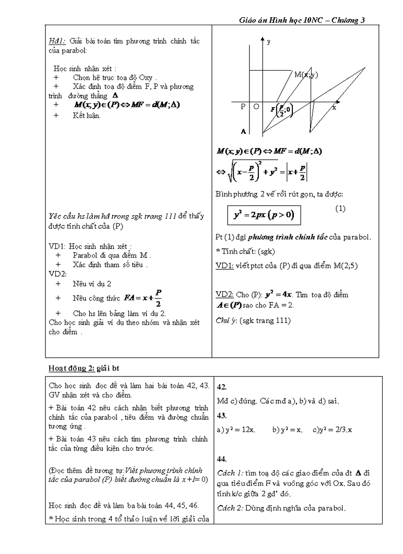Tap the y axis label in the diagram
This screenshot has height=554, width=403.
268,42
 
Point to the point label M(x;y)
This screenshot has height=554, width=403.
306,75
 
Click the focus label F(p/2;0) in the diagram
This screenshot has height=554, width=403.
282,110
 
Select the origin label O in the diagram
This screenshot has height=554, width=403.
256,107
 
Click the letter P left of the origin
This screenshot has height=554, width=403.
243,107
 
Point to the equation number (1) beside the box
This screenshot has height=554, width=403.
340,209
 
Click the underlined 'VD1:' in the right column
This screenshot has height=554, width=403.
225,265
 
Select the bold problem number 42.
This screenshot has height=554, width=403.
222,387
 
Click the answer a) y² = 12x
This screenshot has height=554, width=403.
236,430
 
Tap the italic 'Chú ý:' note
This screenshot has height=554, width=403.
227,321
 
